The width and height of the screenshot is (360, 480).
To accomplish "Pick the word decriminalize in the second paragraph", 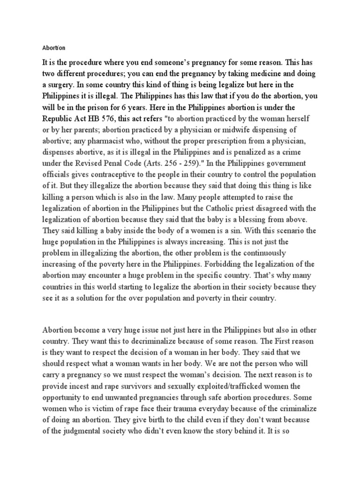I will coord(146,341).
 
